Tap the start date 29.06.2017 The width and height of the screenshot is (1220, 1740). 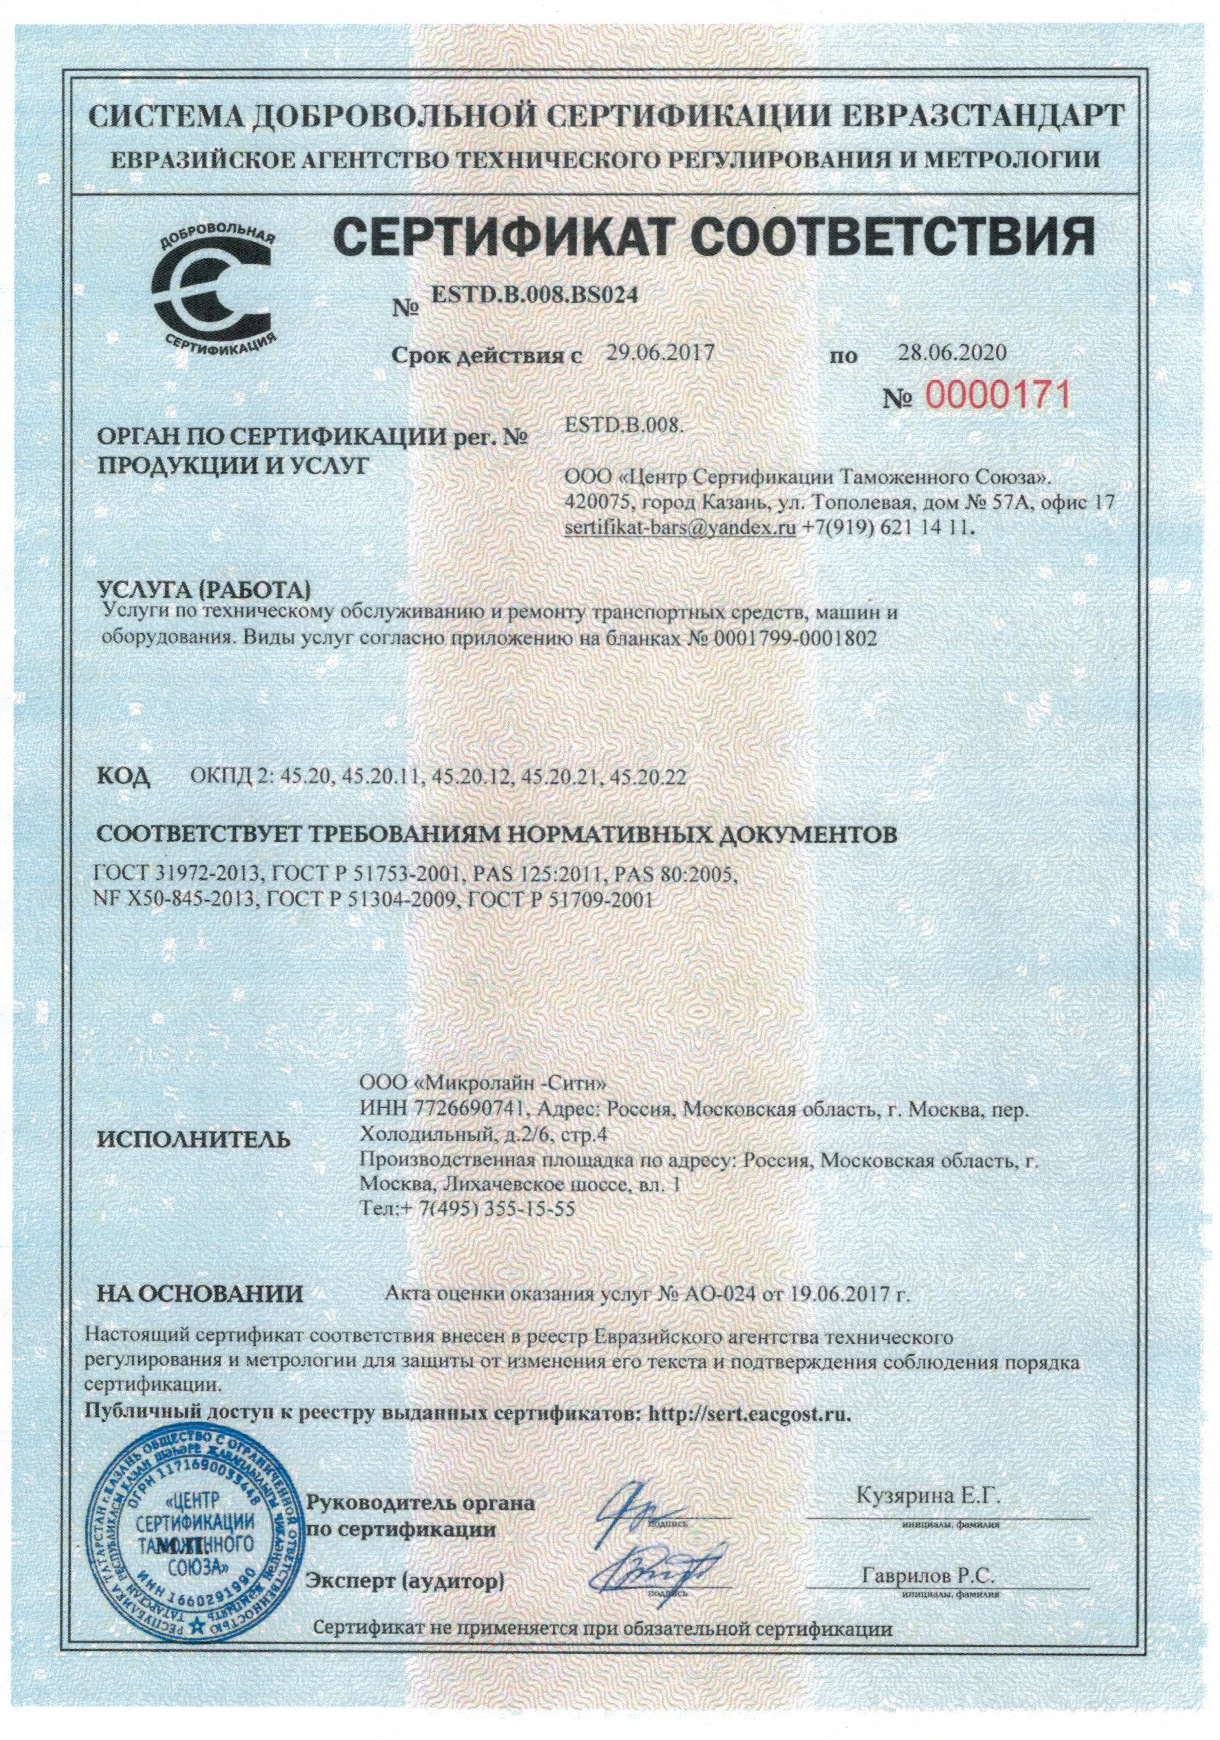(661, 352)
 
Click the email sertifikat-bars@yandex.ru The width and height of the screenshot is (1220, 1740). (680, 528)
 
